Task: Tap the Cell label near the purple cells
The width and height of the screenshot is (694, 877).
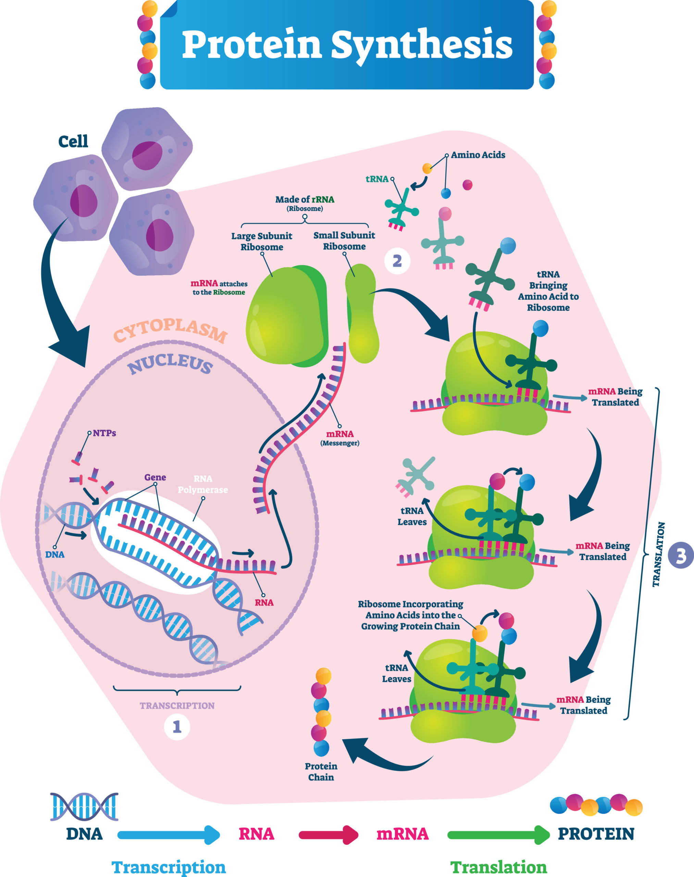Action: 73,141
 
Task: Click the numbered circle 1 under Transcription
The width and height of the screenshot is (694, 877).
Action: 177,727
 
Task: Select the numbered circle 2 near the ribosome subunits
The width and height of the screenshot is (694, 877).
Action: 397,261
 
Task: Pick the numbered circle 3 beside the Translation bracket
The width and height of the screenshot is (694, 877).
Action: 681,556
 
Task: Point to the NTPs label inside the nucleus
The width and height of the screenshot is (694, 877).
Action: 104,433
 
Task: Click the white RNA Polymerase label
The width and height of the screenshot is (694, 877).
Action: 203,484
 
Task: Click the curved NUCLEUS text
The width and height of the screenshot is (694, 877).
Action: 170,363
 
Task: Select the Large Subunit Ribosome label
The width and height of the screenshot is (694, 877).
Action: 262,242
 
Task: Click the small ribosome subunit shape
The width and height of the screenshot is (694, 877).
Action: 362,313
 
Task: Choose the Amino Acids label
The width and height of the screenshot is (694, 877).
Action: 478,155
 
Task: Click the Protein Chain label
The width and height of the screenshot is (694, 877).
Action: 321,771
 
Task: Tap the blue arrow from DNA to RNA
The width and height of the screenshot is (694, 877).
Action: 169,835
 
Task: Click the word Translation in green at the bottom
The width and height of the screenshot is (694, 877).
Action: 498,867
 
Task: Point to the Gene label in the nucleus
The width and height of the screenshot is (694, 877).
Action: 155,477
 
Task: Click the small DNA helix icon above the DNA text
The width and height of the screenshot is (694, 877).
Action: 84,806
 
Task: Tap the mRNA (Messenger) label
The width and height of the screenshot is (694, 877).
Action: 340,438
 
